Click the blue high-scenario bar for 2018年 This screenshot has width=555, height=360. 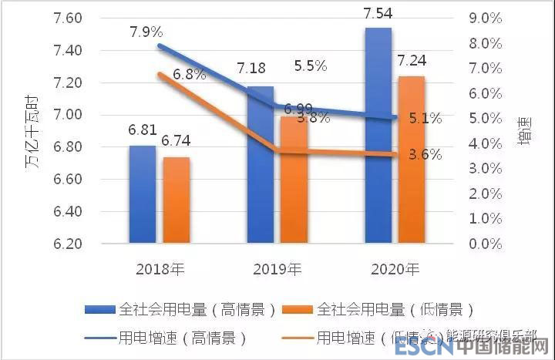pos(142,194)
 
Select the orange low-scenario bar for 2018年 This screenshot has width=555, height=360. pos(176,200)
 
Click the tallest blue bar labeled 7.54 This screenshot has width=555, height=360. pos(378,135)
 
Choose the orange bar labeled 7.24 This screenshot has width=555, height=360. pos(411,160)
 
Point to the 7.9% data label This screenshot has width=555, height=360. pos(146,32)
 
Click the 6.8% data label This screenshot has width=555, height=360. pos(189,75)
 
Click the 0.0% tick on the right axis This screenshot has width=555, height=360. pos(486,244)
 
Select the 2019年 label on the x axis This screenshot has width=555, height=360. pos(277,270)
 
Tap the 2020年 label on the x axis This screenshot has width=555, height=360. pos(394,270)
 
